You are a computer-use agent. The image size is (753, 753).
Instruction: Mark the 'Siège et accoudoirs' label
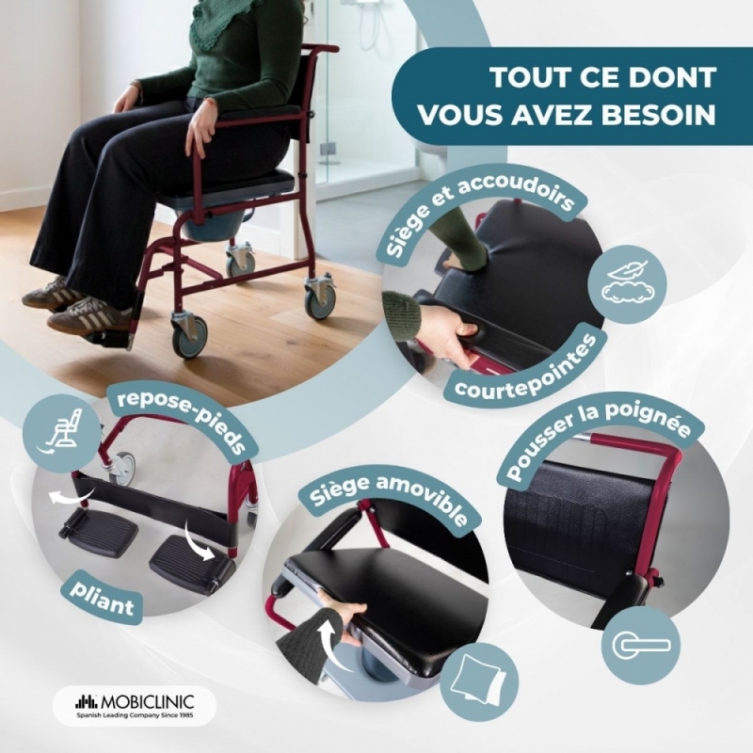[479, 211]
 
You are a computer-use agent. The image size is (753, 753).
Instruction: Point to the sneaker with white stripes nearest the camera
[88, 314]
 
